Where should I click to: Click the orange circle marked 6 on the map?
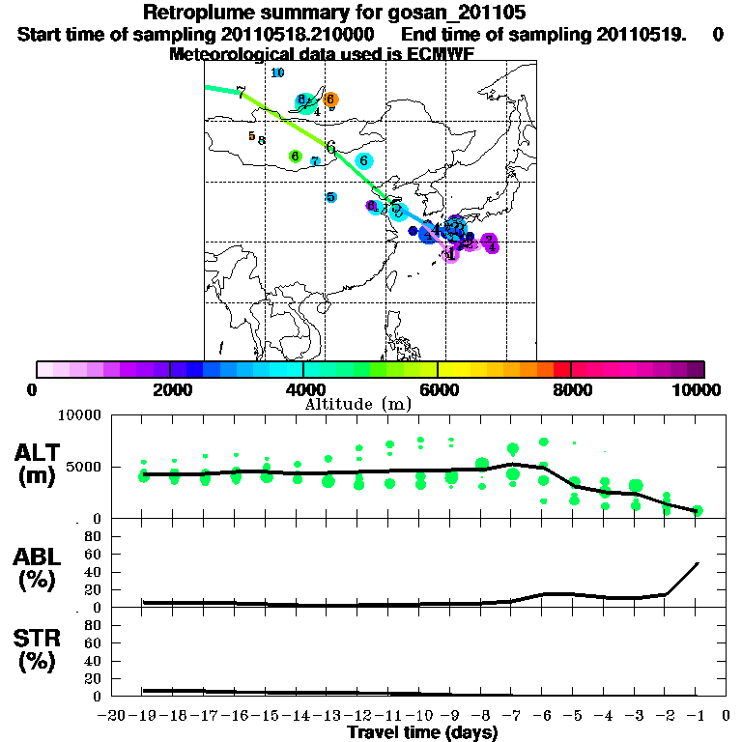pyautogui.click(x=330, y=99)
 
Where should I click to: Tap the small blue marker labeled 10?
pyautogui.click(x=277, y=72)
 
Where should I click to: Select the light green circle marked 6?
pyautogui.click(x=296, y=156)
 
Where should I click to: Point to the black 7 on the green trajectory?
pyautogui.click(x=241, y=93)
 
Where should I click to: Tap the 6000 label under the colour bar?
pyautogui.click(x=439, y=389)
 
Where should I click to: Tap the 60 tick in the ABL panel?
pyautogui.click(x=96, y=554)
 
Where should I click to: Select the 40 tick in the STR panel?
pyautogui.click(x=96, y=661)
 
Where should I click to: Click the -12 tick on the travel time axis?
pyautogui.click(x=358, y=716)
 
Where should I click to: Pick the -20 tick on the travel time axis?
pyautogui.click(x=113, y=716)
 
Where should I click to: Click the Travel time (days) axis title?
pyautogui.click(x=422, y=733)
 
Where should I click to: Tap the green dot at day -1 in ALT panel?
pyautogui.click(x=697, y=510)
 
